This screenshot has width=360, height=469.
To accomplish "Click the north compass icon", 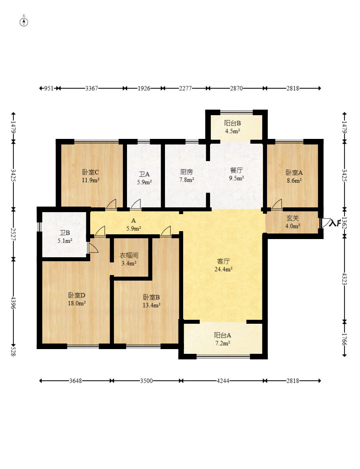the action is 24,22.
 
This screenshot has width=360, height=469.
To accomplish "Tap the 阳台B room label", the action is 232,123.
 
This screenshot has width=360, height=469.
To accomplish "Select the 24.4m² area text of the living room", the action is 224,269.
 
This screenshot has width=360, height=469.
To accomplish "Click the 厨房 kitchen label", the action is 186,172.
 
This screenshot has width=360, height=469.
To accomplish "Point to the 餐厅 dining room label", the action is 236,171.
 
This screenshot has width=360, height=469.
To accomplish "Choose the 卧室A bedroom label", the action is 294,173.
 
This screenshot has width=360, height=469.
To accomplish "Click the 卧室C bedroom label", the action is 90,172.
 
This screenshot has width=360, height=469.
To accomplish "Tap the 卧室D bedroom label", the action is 76,296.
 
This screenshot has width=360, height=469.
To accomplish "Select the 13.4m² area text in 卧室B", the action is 151,306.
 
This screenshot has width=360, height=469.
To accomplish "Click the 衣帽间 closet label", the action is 129,255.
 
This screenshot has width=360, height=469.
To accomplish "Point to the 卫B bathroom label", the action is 64,233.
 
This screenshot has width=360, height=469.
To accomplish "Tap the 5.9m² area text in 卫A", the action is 144,182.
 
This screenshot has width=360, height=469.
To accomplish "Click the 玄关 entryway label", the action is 292,218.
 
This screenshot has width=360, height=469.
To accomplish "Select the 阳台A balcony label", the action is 222,335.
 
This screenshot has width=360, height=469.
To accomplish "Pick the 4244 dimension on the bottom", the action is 223,381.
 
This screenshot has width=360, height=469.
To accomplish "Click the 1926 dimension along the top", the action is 144,88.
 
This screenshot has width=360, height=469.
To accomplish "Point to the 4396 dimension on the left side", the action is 13,303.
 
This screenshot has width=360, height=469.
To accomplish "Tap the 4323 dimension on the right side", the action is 345,279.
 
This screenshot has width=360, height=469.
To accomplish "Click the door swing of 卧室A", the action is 277,204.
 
